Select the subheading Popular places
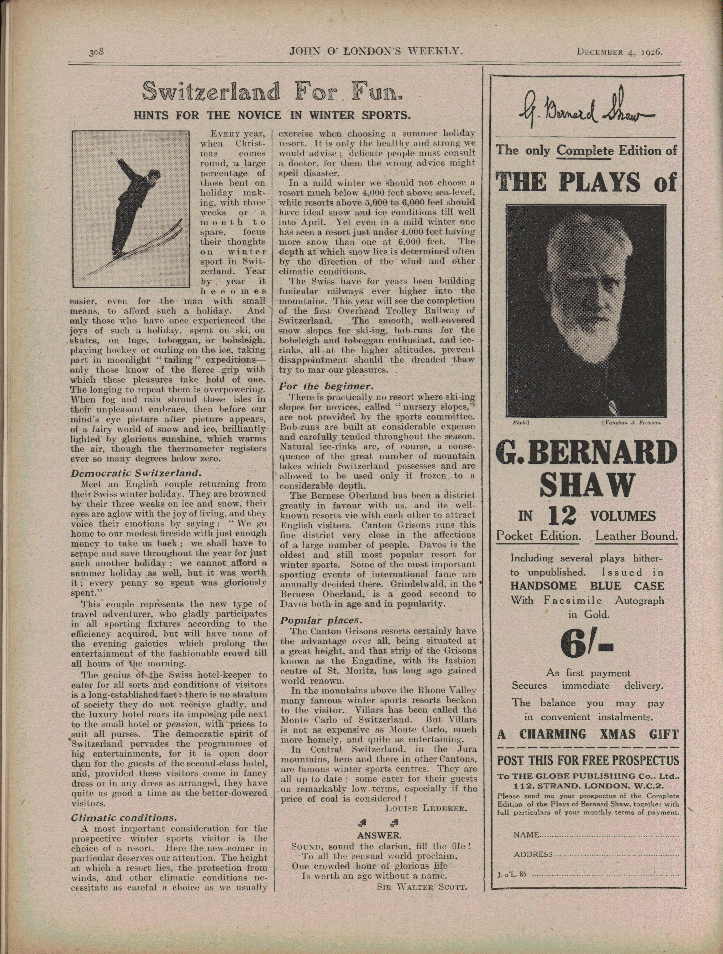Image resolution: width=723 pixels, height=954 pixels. pos(321,620)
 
